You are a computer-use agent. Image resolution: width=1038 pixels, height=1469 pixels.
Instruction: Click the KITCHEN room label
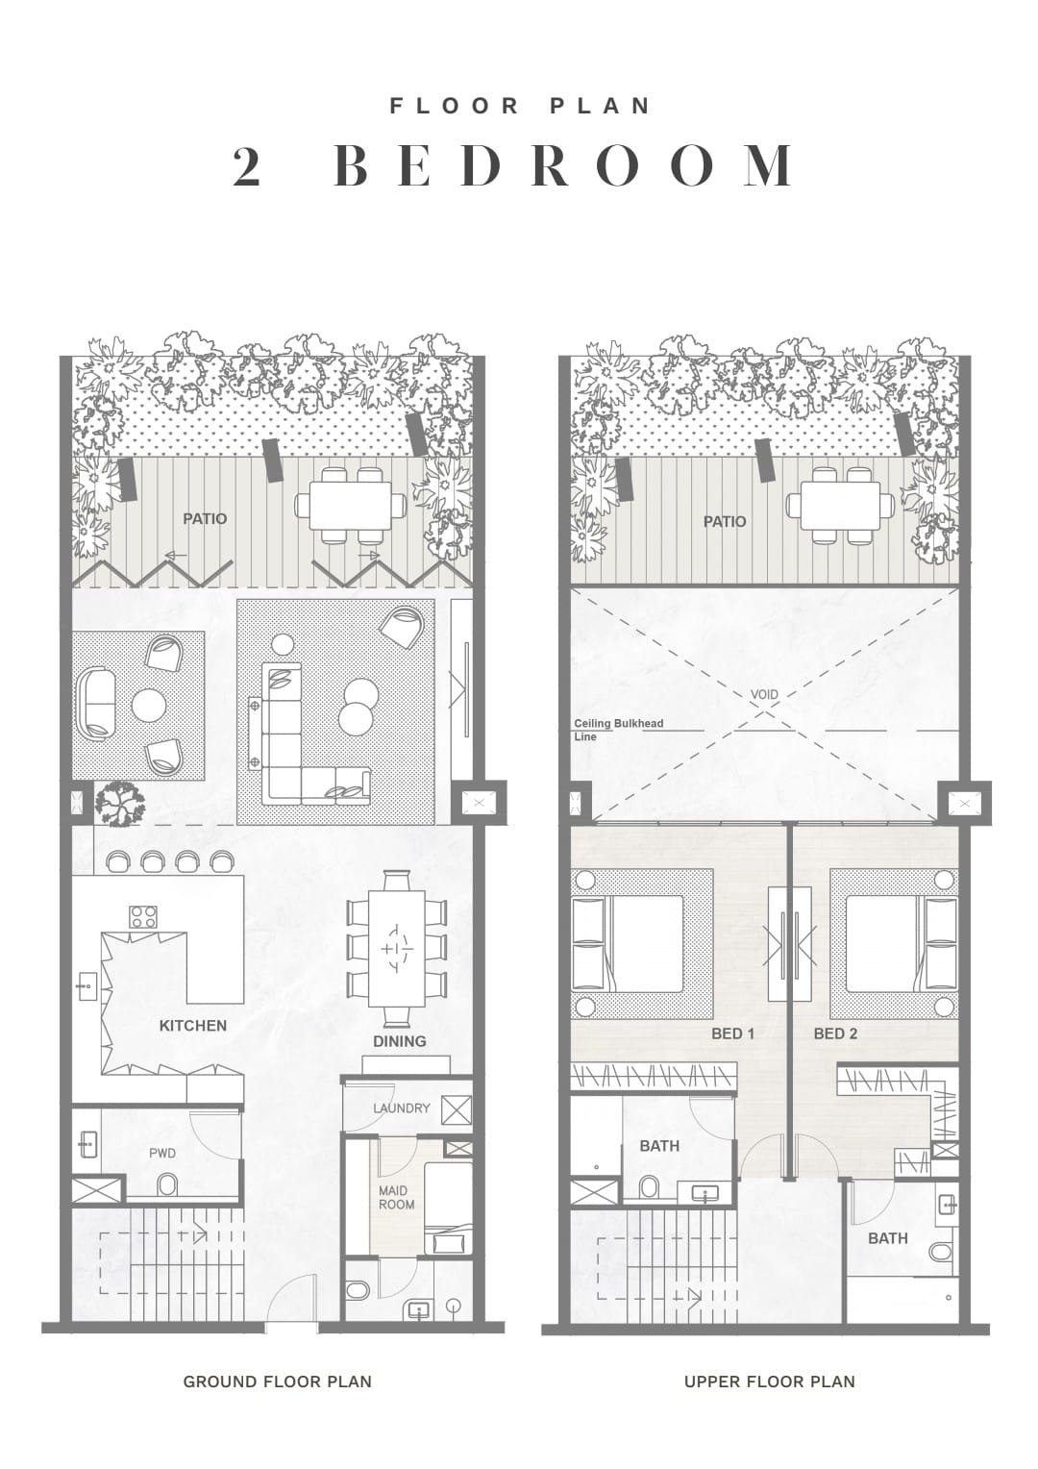(x=193, y=1025)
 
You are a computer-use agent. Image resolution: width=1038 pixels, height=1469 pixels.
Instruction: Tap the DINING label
(x=399, y=1041)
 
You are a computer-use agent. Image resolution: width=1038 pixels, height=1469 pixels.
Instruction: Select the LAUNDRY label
(x=402, y=1108)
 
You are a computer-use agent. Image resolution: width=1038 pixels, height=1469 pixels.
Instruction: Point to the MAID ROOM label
(x=396, y=1197)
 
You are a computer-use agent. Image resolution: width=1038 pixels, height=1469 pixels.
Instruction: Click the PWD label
(x=162, y=1153)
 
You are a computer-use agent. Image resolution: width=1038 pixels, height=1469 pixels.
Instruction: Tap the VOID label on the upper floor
(x=765, y=694)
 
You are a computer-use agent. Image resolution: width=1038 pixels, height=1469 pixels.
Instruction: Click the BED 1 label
(x=733, y=1033)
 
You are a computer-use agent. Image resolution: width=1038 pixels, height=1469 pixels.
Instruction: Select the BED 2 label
(x=835, y=1033)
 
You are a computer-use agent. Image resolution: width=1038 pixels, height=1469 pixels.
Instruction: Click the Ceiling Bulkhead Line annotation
(x=618, y=730)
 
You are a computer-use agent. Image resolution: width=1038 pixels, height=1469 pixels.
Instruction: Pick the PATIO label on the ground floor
(x=205, y=519)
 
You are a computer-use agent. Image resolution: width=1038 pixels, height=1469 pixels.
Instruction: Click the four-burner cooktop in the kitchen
(x=143, y=916)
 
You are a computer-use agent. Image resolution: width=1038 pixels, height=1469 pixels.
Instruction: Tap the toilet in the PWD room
(x=167, y=1184)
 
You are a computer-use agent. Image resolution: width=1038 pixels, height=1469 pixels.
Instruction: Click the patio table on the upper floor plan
(x=840, y=505)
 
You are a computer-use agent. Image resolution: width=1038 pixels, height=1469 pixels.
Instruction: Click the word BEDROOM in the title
(x=564, y=165)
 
